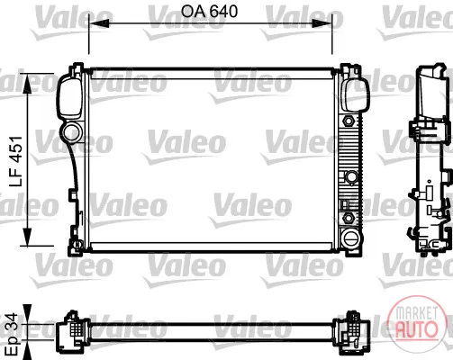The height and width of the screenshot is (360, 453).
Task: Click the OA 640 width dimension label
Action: pos(209,12)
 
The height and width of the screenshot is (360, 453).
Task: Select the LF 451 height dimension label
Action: pos(15,161)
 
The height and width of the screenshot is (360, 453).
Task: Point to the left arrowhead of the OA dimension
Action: pos(98,23)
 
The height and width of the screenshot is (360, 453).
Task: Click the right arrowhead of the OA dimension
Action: pos(322,23)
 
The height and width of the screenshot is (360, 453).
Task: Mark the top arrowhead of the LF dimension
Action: pos(27,83)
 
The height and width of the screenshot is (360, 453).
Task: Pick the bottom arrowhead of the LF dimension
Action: pos(27,237)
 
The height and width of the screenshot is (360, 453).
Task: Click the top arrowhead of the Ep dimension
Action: pos(27,314)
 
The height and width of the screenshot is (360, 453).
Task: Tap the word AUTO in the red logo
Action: pos(416,328)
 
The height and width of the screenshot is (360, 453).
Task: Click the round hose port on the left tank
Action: pos(72,132)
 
